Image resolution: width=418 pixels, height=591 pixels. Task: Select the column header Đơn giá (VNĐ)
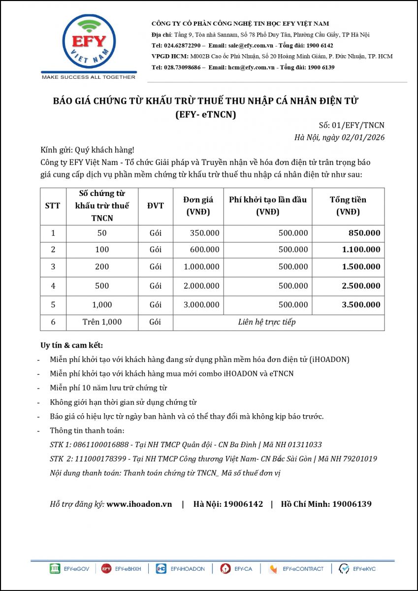click(x=198, y=206)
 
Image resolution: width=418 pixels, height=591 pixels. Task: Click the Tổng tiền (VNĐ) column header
click(x=348, y=206)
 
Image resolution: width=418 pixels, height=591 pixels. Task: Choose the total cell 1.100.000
click(x=361, y=250)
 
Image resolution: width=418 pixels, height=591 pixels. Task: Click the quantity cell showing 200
click(x=102, y=267)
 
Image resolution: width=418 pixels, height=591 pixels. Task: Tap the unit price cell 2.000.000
click(x=201, y=286)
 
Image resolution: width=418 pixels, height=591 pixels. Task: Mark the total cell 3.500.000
click(x=361, y=305)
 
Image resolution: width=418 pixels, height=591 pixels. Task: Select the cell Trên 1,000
click(x=102, y=322)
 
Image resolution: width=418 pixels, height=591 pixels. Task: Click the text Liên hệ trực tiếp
click(x=266, y=322)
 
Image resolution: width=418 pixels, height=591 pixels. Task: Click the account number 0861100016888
click(x=96, y=444)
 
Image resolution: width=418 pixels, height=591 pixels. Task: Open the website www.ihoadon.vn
click(x=139, y=504)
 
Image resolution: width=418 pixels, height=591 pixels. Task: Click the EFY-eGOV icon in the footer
click(x=55, y=569)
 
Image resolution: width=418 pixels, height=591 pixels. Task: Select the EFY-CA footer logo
click(x=225, y=569)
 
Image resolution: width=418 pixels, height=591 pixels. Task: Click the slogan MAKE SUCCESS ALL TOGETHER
click(x=88, y=77)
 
